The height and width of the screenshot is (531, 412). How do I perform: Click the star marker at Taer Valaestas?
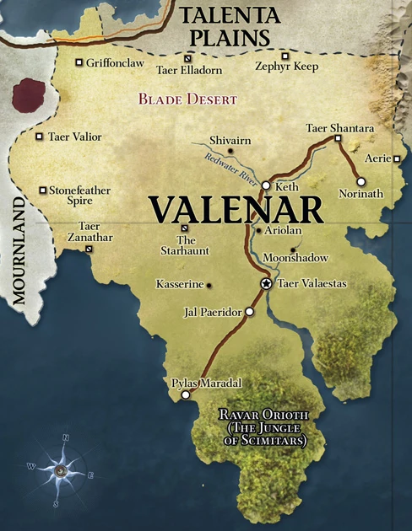coord(266,285)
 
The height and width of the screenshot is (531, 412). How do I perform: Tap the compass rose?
coord(60,470)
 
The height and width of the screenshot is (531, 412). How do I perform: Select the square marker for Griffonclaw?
coord(79,62)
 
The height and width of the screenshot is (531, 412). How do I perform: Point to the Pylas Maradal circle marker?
coord(186,394)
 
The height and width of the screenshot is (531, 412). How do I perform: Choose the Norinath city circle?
coord(360,181)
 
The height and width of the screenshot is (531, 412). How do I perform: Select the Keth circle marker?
coord(265,185)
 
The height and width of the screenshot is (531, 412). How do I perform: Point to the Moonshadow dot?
coord(292,249)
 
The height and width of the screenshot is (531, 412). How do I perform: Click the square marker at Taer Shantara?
coord(338,138)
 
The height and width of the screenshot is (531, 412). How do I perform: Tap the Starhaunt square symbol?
coord(185,228)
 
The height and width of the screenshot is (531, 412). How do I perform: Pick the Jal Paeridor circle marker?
coord(249,312)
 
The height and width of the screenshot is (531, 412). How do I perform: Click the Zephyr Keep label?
coord(287,67)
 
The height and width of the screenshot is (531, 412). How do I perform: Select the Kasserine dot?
coord(209,285)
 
